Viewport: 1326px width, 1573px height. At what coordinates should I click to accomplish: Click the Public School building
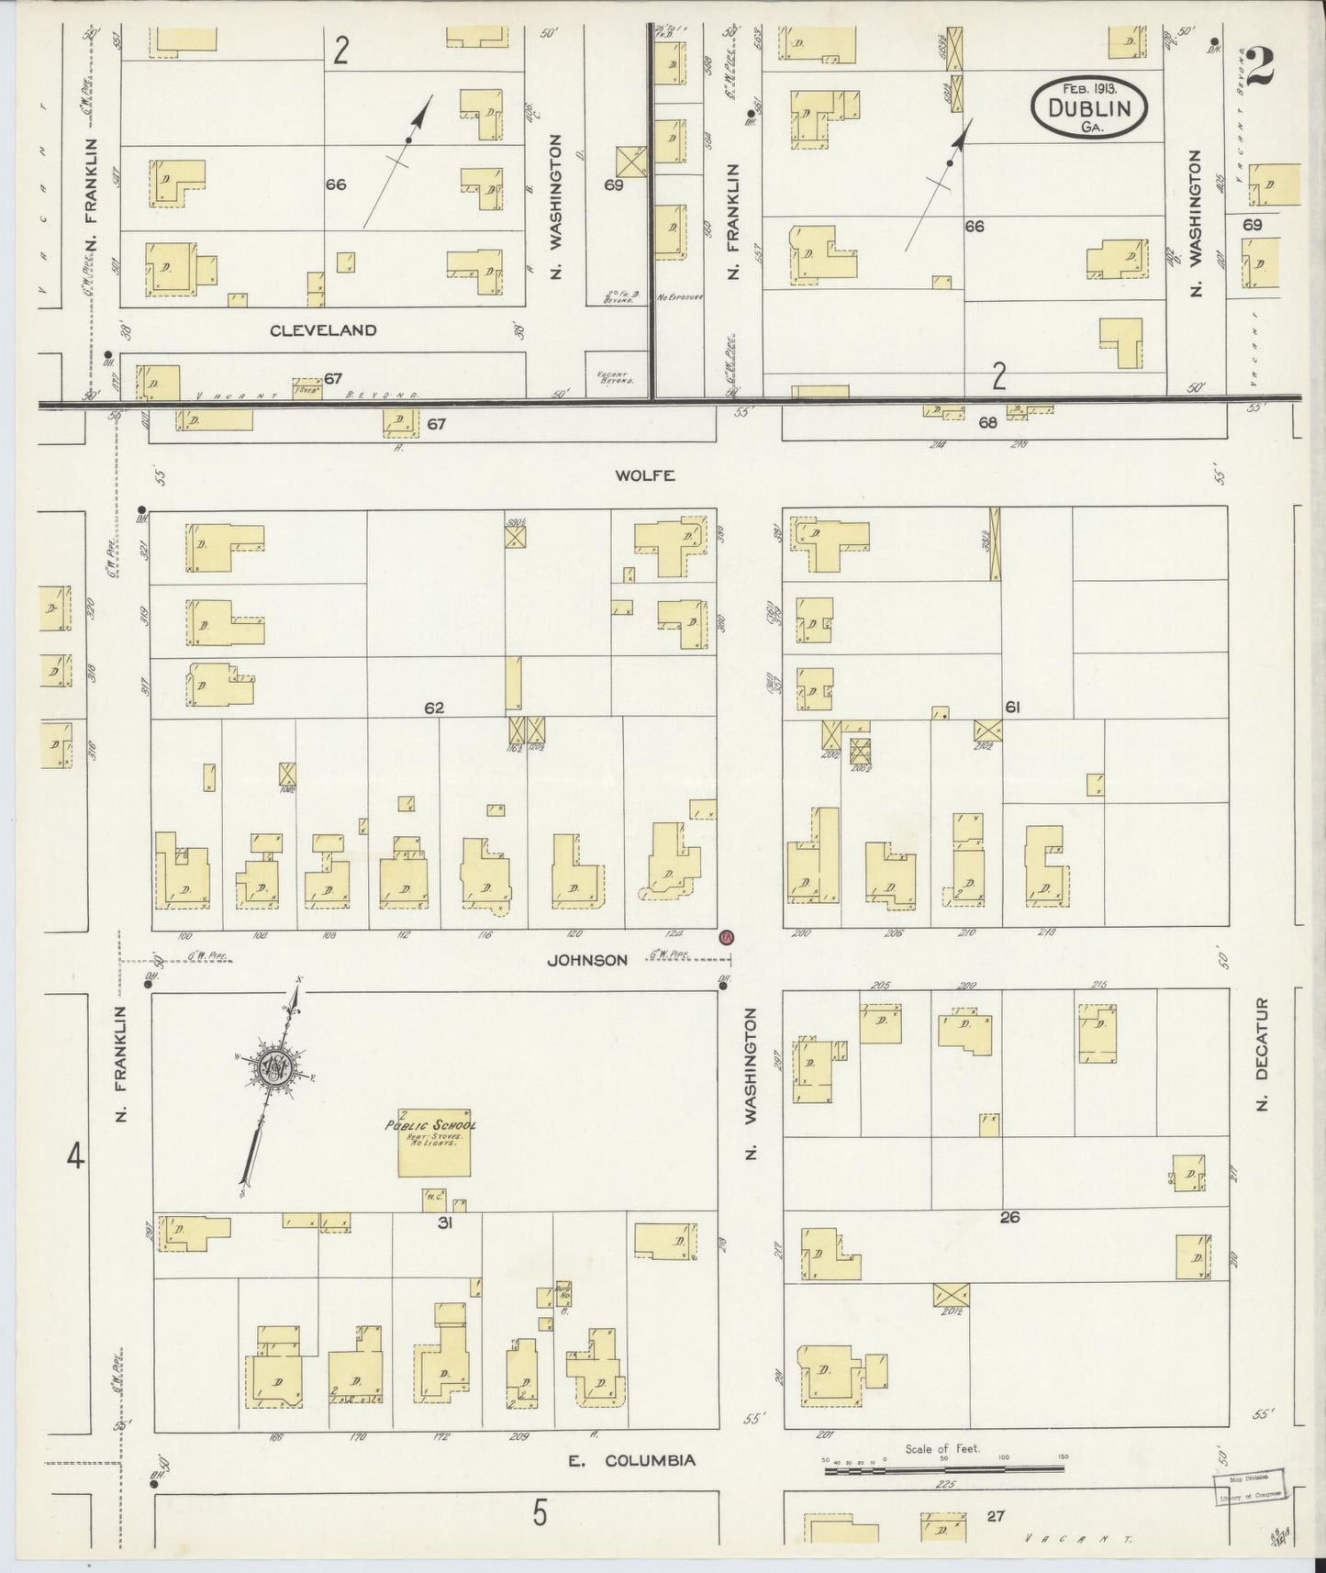[x=434, y=1142]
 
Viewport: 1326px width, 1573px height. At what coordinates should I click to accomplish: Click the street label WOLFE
[x=645, y=475]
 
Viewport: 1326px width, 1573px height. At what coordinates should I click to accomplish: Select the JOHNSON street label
[x=587, y=960]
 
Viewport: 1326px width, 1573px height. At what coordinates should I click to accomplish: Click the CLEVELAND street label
[x=323, y=330]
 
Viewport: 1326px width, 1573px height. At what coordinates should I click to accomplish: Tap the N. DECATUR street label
[x=1261, y=1054]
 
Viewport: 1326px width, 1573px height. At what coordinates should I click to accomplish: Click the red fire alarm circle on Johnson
[x=727, y=938]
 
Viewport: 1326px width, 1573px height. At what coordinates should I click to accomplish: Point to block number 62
[x=434, y=708]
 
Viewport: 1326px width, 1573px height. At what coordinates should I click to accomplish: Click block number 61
[x=1012, y=708]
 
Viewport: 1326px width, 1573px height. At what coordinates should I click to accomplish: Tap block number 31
[x=445, y=1222]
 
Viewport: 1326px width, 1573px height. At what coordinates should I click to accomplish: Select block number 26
[x=1009, y=1217]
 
